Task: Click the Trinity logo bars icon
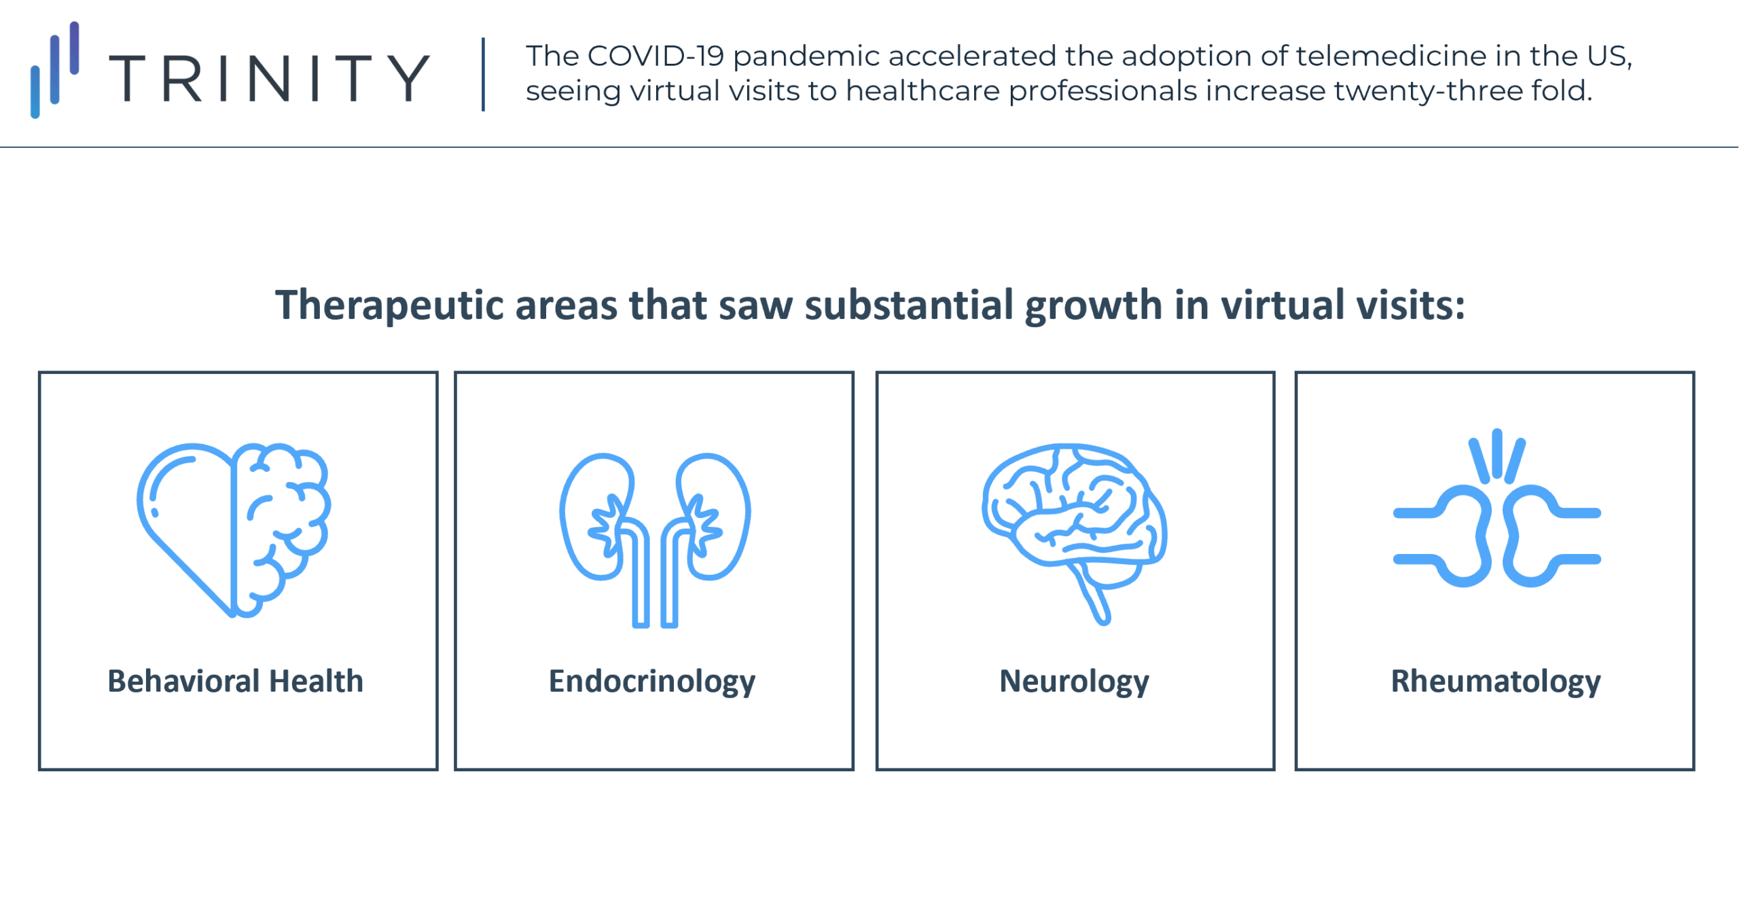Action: [55, 70]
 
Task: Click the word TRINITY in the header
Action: [270, 79]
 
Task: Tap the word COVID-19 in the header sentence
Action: [656, 56]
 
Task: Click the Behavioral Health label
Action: [236, 681]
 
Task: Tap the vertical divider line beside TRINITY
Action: [483, 75]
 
